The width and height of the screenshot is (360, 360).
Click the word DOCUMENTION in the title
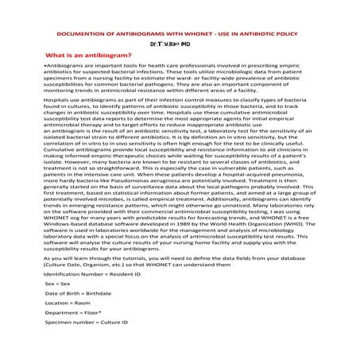click(84, 36)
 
